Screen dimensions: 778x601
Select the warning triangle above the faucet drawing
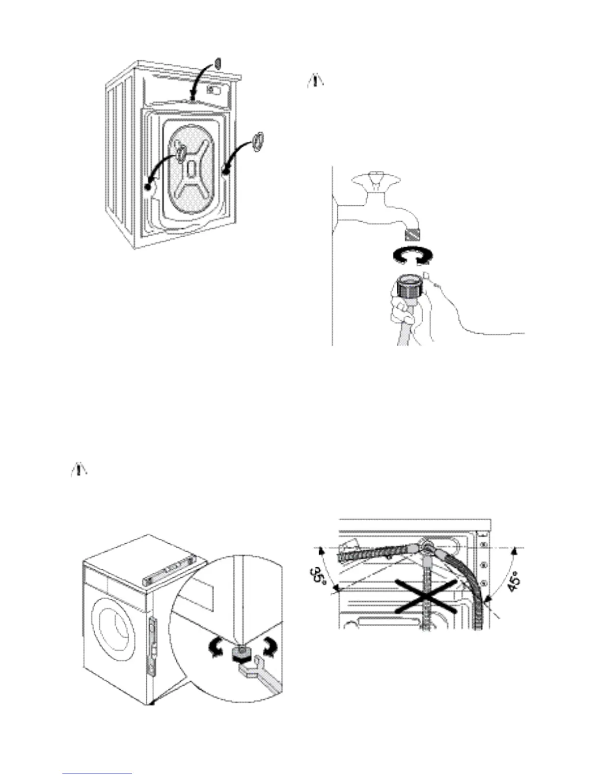point(315,81)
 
